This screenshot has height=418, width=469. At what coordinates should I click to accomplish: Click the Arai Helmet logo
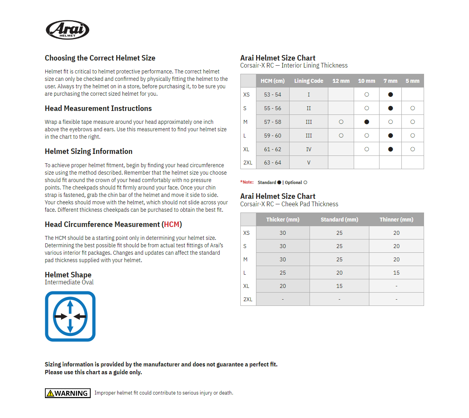68,30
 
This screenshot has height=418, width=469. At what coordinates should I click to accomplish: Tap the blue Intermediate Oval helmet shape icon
70,316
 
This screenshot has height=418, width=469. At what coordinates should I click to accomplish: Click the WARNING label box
68,393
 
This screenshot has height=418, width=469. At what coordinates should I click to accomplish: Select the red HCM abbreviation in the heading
172,225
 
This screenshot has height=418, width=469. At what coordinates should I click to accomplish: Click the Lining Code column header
308,81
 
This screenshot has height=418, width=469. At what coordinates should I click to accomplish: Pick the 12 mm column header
341,81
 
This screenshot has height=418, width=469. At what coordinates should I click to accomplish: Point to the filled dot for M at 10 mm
367,122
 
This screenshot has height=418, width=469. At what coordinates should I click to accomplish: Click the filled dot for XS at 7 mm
390,95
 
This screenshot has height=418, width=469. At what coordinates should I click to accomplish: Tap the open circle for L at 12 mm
341,136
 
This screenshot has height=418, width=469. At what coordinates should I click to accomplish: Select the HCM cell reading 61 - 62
272,149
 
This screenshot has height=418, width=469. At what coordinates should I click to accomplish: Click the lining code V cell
308,163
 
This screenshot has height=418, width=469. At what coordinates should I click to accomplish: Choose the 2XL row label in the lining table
248,163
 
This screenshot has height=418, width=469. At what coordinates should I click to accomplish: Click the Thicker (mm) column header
283,220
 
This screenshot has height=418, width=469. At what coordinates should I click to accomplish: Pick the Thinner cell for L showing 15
396,273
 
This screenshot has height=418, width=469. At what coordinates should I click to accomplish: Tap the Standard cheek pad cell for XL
339,286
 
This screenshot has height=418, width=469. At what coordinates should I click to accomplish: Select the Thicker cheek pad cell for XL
283,286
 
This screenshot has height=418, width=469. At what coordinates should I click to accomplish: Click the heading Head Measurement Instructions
98,109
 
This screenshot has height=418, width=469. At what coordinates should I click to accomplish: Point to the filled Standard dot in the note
279,182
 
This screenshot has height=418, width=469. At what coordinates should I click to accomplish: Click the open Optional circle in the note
305,182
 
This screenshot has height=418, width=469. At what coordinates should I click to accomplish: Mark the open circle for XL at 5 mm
413,149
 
